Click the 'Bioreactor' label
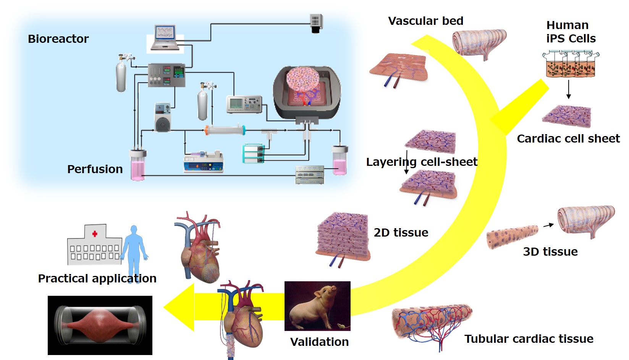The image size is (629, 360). click(x=58, y=39)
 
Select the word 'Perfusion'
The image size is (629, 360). click(x=95, y=169)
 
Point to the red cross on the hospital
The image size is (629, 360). click(x=95, y=234)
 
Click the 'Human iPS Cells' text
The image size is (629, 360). click(x=570, y=32)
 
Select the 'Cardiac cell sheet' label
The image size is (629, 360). click(x=568, y=138)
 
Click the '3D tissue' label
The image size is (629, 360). click(x=550, y=251)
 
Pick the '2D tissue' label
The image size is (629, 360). click(x=401, y=232)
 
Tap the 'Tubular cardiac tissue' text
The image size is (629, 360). click(x=529, y=339)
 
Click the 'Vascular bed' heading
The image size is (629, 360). click(x=425, y=21)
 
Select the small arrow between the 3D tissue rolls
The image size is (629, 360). click(x=548, y=225)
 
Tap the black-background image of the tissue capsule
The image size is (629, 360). click(x=100, y=325)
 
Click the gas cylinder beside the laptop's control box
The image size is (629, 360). click(x=121, y=75)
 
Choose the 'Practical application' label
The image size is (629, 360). click(x=97, y=278)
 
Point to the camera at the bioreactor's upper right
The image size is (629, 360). click(x=316, y=23)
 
